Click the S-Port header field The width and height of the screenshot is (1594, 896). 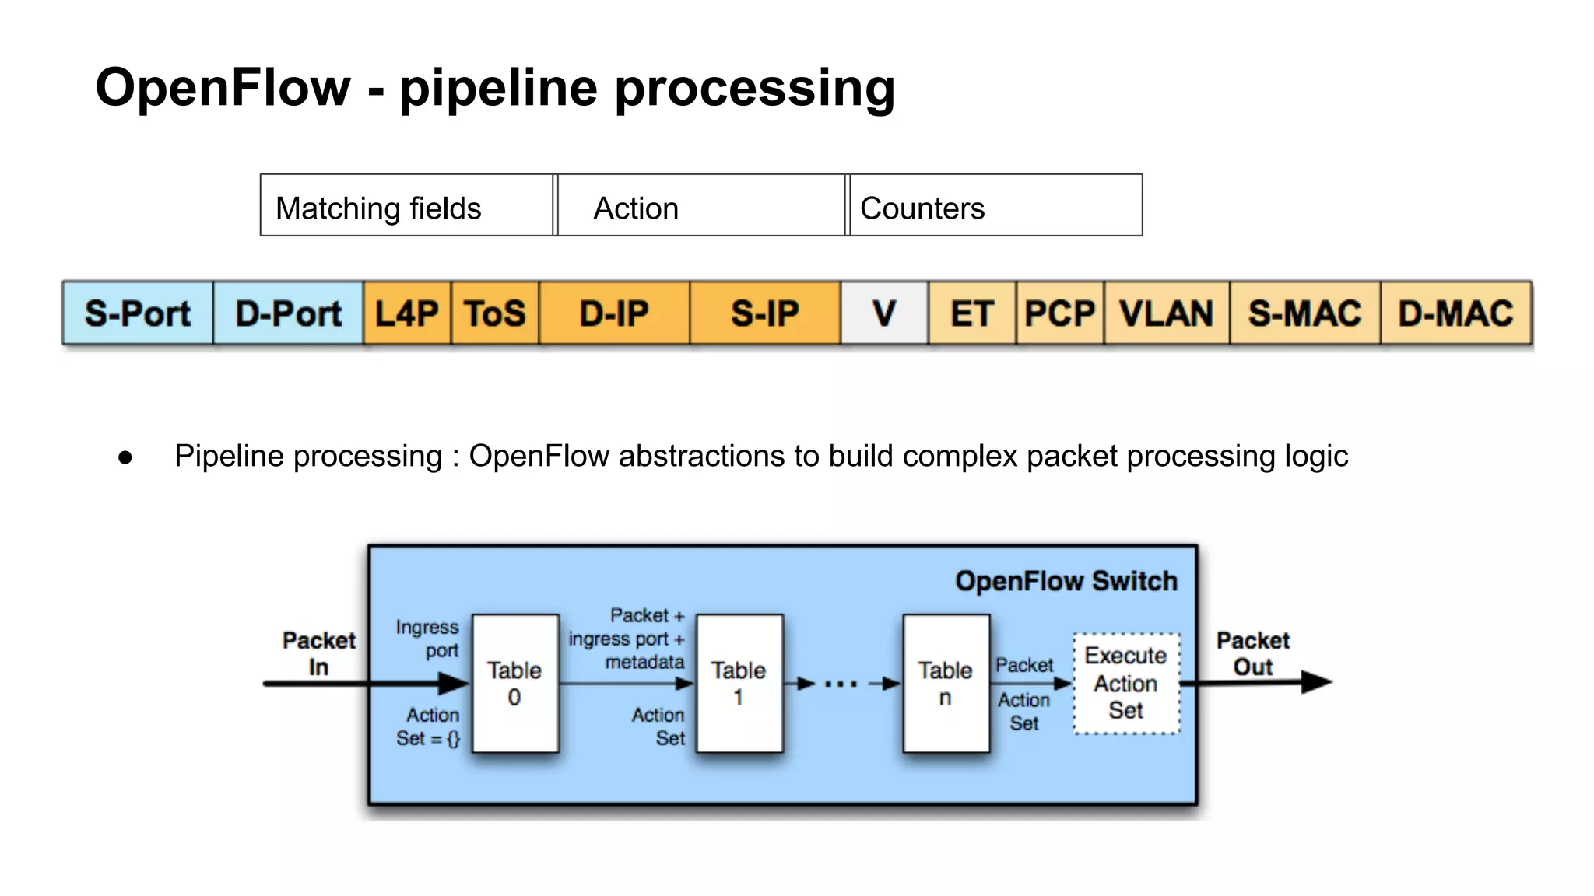(138, 313)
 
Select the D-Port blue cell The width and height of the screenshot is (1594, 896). (288, 313)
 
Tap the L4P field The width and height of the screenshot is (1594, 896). (407, 313)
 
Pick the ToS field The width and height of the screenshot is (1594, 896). (495, 313)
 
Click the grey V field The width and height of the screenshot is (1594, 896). (884, 313)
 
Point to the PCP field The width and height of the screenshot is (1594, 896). (1059, 313)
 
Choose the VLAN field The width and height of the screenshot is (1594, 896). (1166, 313)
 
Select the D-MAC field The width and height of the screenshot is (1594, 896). (1455, 313)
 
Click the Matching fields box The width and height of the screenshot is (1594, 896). (406, 206)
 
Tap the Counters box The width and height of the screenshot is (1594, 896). (995, 206)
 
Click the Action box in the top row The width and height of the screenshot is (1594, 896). (700, 206)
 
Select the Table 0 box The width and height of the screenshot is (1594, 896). (515, 684)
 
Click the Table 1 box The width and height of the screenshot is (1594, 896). (739, 684)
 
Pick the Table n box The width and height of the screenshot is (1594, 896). (946, 684)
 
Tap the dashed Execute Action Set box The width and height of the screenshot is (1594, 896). (1126, 684)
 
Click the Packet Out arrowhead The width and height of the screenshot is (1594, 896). (1317, 682)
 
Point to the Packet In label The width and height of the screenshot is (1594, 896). (318, 653)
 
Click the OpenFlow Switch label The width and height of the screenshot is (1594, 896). (1066, 581)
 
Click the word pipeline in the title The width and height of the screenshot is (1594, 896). (499, 87)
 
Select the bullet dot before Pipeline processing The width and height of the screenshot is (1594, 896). (125, 457)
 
